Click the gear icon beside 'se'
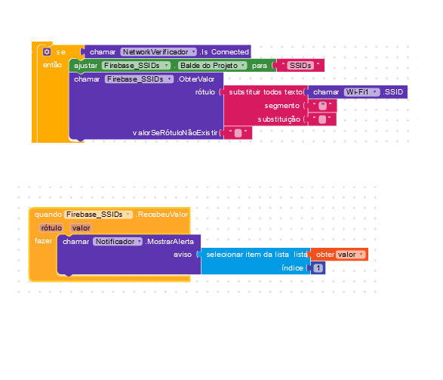click(47, 52)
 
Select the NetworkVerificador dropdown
click(158, 52)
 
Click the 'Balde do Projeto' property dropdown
click(213, 66)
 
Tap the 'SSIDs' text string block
click(300, 66)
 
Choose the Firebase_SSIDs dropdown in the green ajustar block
click(136, 66)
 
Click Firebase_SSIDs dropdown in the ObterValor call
click(139, 79)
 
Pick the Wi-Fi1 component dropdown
click(362, 92)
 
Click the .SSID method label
click(392, 92)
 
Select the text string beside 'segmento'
click(322, 106)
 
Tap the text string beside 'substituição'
click(322, 119)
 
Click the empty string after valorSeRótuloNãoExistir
click(238, 133)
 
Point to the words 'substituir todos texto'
click(266, 92)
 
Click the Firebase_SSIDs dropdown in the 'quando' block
click(98, 215)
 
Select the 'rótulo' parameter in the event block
click(51, 228)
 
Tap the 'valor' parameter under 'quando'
click(81, 228)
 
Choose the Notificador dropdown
click(118, 242)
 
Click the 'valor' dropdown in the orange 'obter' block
click(350, 255)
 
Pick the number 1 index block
click(318, 268)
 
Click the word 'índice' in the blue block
click(292, 268)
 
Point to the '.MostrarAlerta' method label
click(170, 242)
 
